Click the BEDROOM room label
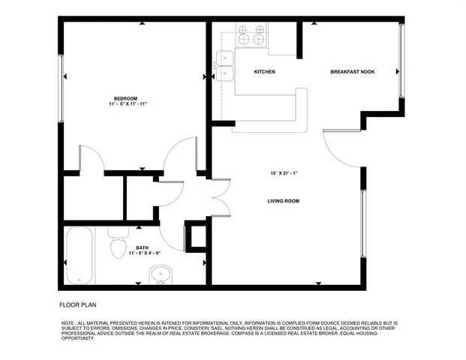click(x=125, y=98)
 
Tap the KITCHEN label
click(x=264, y=72)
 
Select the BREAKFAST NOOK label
click(x=353, y=72)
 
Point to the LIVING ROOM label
click(x=284, y=201)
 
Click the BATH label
click(x=141, y=247)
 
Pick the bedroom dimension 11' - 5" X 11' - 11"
click(x=125, y=105)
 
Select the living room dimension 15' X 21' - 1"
click(x=284, y=173)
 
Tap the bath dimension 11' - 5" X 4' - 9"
click(x=143, y=254)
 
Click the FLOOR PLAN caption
click(x=78, y=305)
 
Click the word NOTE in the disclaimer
click(x=68, y=323)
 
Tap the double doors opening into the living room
click(x=219, y=196)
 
